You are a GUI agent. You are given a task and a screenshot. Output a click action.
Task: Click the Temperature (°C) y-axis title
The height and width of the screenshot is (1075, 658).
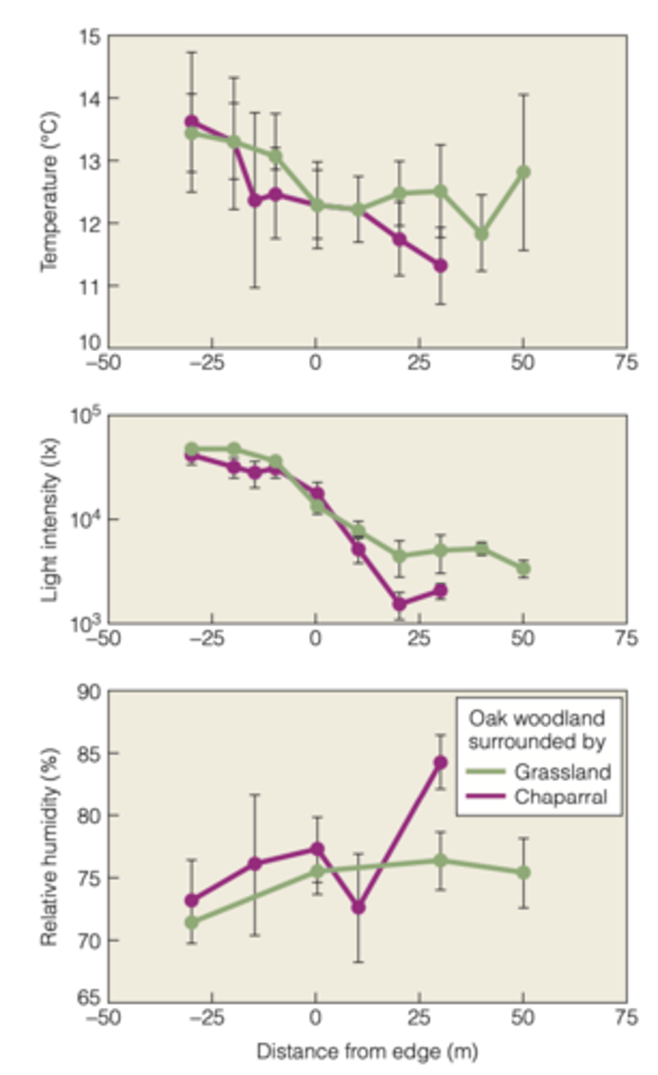click(49, 192)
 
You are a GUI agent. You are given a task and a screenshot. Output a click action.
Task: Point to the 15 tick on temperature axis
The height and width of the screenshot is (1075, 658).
click(91, 37)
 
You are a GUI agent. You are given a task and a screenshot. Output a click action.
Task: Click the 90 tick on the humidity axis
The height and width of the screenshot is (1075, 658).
click(91, 692)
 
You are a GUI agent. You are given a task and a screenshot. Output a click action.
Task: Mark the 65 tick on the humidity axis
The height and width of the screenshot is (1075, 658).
click(91, 1002)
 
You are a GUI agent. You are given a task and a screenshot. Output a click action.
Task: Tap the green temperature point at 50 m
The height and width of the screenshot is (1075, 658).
click(524, 172)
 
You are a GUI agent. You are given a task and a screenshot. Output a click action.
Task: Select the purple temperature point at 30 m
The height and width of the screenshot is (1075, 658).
click(440, 265)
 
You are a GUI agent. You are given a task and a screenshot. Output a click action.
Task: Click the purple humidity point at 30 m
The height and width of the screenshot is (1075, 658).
click(440, 762)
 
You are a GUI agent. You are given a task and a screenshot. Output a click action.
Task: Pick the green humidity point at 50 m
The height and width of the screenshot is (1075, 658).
click(524, 873)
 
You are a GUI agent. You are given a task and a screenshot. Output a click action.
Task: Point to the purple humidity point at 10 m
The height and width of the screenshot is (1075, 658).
click(358, 907)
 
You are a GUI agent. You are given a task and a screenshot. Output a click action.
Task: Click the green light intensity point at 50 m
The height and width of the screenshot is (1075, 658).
click(524, 569)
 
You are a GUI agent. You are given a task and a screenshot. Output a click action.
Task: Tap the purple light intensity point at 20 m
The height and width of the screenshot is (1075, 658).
click(400, 605)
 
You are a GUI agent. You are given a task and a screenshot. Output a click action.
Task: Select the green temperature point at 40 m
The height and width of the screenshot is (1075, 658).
click(482, 234)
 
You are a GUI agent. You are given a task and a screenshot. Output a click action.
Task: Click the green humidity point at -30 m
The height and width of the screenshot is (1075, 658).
click(191, 922)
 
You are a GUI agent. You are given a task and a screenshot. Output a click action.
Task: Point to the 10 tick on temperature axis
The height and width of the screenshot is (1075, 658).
click(91, 347)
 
